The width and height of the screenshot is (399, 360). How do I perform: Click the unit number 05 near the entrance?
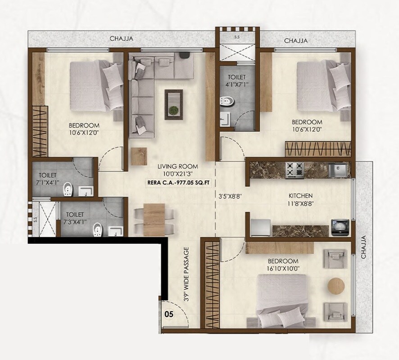[x=170, y=315]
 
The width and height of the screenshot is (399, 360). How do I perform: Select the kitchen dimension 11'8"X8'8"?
[x=300, y=204]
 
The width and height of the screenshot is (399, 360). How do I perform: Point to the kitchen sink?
[x=338, y=169]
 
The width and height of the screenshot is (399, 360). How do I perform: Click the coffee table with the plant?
[x=173, y=103]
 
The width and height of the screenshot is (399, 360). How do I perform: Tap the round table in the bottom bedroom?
[x=336, y=286]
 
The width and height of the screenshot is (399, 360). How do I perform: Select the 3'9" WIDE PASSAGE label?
[x=186, y=274]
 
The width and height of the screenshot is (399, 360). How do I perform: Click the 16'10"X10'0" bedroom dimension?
[x=283, y=269]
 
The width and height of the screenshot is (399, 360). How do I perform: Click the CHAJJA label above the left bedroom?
[x=122, y=39]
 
